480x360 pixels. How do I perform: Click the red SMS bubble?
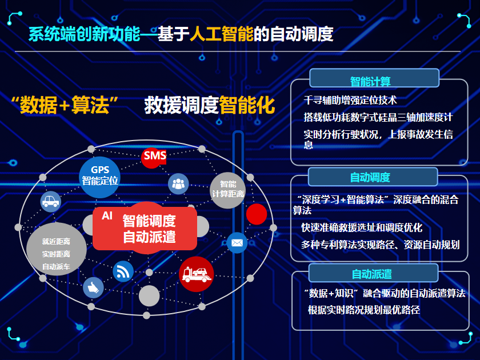154,157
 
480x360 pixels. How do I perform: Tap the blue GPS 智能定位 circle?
100,177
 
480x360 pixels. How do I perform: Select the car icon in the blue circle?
51,201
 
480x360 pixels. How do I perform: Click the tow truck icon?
196,274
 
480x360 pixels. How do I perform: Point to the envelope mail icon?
237,243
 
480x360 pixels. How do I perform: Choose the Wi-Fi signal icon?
123,271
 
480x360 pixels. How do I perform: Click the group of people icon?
178,183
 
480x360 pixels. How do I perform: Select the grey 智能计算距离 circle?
228,190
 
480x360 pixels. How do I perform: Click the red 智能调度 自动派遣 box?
145,229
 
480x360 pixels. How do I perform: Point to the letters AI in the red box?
107,216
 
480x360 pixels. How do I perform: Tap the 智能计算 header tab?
374,78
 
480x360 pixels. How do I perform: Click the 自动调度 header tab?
373,177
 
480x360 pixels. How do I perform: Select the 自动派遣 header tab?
373,273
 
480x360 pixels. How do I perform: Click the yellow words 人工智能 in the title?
222,34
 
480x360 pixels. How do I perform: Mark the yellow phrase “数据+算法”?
65,105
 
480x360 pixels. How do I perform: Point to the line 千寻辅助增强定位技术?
350,100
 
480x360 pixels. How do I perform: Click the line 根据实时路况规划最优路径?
363,310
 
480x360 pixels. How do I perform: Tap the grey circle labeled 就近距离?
57,249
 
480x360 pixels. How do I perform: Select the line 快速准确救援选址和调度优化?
362,227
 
